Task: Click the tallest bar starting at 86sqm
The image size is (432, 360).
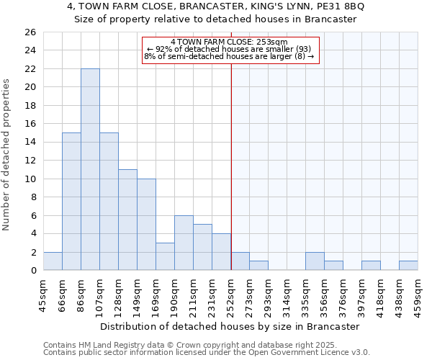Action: point(90,169)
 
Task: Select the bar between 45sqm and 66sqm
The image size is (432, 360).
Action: point(53,261)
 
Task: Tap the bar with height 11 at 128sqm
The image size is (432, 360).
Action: point(127,220)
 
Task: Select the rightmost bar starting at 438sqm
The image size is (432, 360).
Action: point(408,266)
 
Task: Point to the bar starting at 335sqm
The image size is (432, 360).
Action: point(315,261)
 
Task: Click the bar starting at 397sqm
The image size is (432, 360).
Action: point(371,266)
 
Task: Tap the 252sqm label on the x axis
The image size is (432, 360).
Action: point(230,295)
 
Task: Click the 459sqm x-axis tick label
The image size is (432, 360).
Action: point(418,295)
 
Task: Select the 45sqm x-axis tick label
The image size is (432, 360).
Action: point(43,295)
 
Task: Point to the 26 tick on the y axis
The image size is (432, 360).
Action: point(30,32)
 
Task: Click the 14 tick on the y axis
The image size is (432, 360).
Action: point(30,143)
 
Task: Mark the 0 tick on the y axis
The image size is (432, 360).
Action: point(32,271)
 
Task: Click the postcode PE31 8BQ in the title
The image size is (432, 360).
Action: point(340,6)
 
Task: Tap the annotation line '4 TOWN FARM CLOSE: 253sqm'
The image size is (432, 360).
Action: point(230,42)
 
